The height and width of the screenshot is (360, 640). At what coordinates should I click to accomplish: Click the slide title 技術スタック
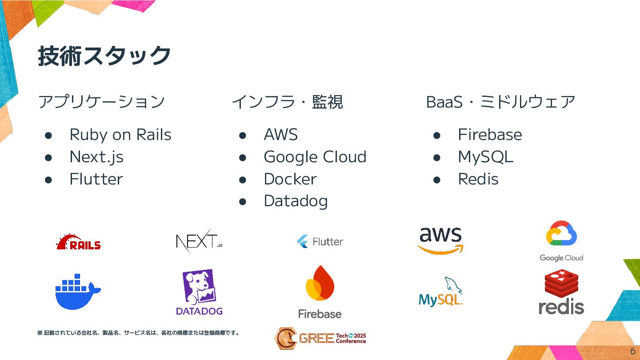click(104, 56)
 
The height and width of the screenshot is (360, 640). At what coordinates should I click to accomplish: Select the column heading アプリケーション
click(101, 102)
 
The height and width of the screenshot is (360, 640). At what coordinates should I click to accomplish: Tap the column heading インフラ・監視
click(287, 102)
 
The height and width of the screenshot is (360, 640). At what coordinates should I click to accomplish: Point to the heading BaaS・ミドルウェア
click(501, 102)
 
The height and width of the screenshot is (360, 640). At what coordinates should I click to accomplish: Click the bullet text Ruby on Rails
click(120, 135)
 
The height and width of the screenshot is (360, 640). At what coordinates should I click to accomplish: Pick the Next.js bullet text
click(96, 157)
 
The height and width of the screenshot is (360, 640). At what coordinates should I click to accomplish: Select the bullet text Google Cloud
click(315, 157)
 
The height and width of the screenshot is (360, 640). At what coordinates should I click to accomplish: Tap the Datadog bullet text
click(296, 201)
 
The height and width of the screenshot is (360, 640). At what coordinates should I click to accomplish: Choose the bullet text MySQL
click(485, 157)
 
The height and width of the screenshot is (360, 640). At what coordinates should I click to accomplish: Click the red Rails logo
click(79, 242)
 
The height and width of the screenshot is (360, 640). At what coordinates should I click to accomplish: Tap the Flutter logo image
click(320, 241)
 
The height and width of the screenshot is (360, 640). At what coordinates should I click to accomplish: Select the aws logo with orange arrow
click(440, 240)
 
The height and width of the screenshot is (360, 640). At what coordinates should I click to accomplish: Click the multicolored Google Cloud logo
click(561, 241)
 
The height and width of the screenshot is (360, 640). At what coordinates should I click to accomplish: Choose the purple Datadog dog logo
click(199, 292)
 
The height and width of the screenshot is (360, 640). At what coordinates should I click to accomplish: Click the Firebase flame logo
click(320, 292)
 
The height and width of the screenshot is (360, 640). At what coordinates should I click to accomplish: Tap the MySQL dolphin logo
click(440, 292)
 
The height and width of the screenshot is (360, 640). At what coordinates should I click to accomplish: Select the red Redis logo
click(561, 292)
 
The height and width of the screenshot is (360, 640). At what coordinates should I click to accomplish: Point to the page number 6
click(633, 351)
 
